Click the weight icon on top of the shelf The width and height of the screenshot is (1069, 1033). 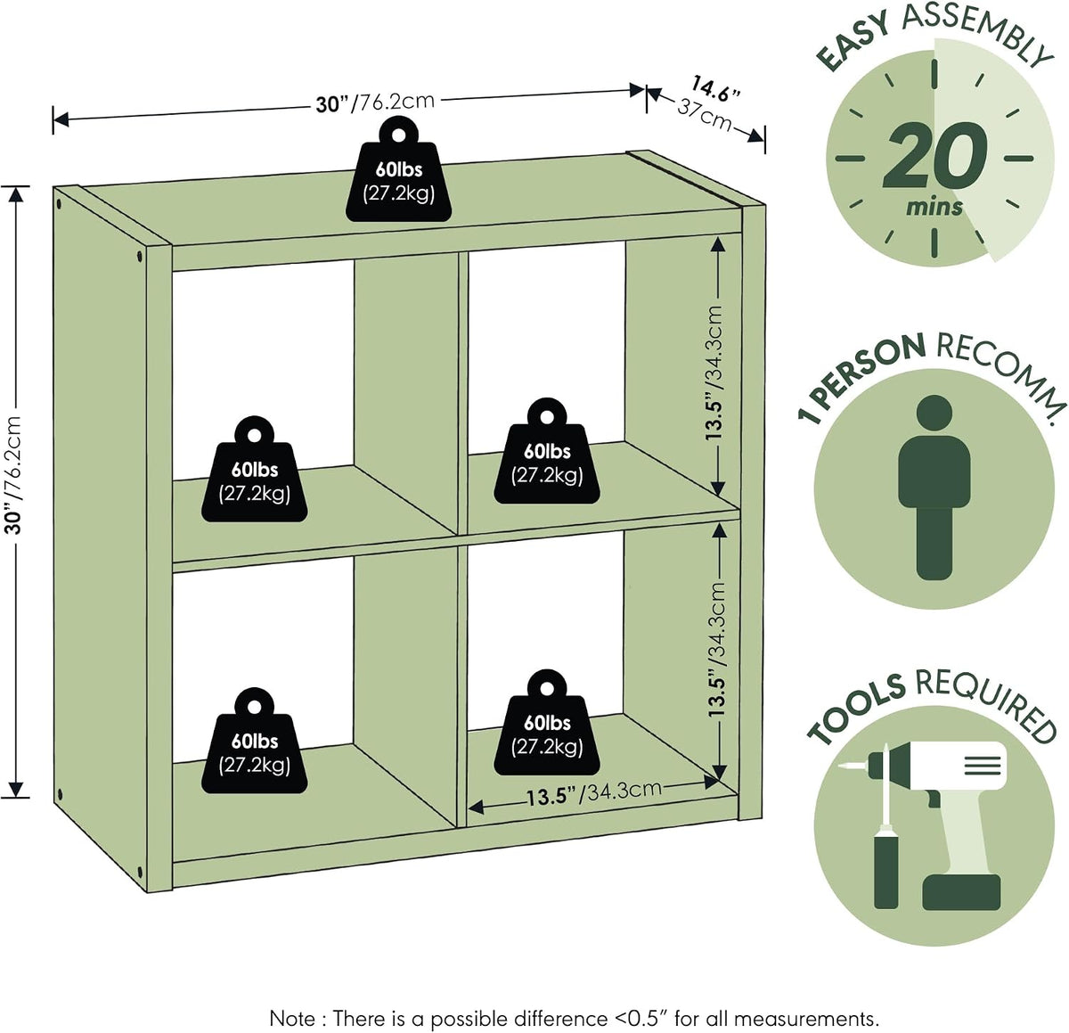399,171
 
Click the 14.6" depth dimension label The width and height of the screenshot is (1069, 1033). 715,88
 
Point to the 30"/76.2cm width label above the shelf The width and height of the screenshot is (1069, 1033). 375,102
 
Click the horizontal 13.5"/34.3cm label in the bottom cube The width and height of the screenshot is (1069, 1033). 594,793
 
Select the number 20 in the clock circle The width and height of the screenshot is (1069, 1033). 934,156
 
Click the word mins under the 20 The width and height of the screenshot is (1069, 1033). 934,207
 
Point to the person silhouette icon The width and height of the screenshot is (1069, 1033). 934,487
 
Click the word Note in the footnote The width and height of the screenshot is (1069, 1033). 291,1004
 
